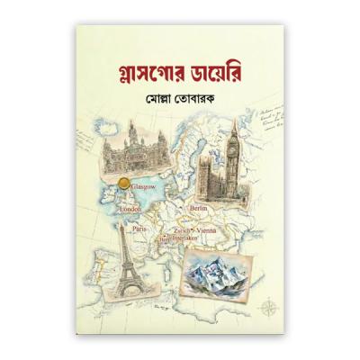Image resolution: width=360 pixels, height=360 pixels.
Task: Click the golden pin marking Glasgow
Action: coord(124,186)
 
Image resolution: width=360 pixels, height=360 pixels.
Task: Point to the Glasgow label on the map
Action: coord(144,186)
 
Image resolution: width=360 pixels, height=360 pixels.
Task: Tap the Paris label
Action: coord(139,229)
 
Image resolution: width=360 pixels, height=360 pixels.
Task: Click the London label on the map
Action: coord(162,240)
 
